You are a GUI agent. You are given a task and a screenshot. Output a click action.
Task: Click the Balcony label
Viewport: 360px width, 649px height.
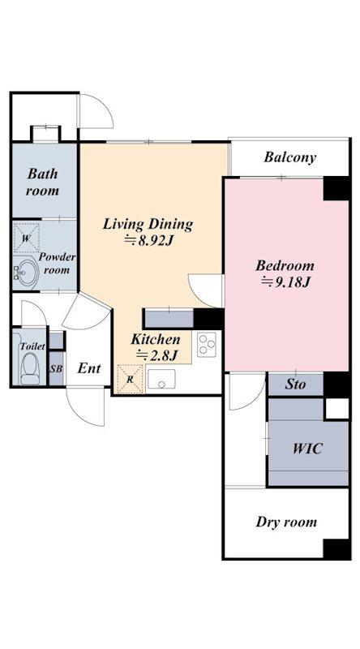point(289,157)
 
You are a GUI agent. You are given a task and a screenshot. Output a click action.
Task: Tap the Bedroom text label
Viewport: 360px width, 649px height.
point(285,265)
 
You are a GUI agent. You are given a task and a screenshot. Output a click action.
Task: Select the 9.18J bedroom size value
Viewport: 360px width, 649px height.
point(285,282)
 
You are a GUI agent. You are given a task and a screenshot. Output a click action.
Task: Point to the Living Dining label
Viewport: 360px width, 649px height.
point(148,225)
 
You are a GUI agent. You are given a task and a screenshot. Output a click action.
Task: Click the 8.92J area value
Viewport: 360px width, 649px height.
point(148,240)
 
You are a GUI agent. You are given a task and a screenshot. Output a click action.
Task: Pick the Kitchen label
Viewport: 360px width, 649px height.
point(156,340)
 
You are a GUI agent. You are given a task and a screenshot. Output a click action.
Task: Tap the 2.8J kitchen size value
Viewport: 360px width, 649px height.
point(157,355)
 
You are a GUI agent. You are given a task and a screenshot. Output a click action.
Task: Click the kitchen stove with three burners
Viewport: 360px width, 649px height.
point(206,344)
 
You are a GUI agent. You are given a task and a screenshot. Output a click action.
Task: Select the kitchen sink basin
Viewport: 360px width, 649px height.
point(161,379)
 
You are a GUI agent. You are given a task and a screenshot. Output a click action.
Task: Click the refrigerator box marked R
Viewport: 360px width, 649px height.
point(130,379)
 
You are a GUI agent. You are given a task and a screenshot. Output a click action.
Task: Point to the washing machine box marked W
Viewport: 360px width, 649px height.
point(27,238)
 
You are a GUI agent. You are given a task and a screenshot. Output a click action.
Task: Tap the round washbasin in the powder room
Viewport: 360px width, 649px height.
point(25,273)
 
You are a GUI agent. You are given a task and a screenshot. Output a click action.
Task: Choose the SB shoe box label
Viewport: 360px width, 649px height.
point(56,369)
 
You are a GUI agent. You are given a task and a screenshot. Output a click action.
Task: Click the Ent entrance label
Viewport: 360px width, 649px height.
point(89,368)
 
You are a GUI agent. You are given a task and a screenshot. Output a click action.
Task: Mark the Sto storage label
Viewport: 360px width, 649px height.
point(295,385)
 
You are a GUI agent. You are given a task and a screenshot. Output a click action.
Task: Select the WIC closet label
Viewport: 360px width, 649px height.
point(307,449)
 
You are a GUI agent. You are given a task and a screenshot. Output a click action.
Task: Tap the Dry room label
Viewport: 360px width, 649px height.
point(286,522)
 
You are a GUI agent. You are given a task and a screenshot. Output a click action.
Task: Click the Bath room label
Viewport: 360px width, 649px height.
point(43,182)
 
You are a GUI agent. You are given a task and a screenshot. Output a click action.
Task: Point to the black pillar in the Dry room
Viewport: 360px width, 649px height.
point(336,549)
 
